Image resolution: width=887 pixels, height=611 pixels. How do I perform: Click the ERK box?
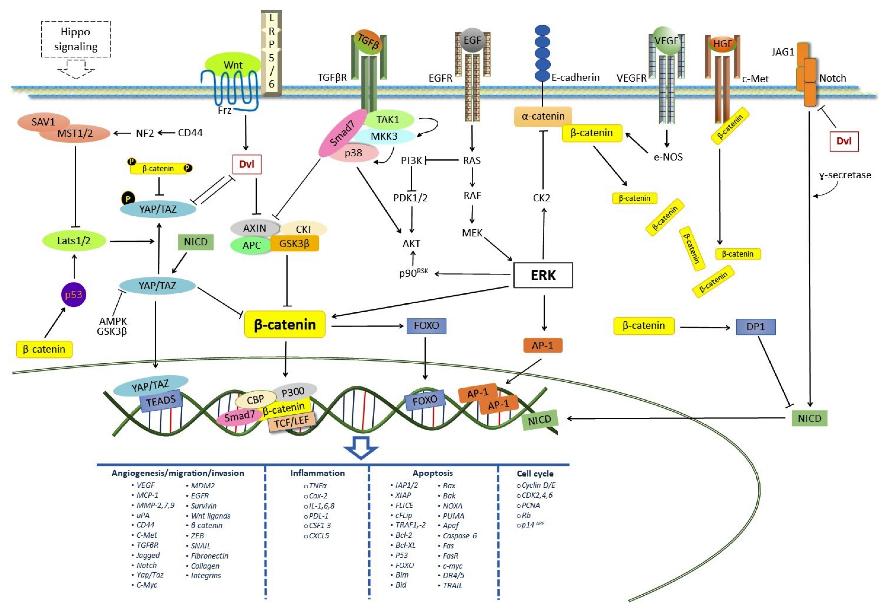point(543,275)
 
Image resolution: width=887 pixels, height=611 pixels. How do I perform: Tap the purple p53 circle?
point(74,294)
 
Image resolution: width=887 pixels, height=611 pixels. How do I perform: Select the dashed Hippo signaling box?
point(76,39)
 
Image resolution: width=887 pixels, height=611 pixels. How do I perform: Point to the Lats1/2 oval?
point(74,241)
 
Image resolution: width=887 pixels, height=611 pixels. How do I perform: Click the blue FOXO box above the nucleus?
point(426,325)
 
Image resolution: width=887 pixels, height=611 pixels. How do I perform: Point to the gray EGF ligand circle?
point(472,40)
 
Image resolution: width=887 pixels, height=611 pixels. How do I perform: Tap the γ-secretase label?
point(845,175)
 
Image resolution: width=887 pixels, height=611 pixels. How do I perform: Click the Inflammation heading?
point(317,473)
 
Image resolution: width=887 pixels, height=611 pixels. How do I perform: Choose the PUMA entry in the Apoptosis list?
point(453,516)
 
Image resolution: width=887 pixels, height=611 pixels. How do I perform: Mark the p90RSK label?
point(413,273)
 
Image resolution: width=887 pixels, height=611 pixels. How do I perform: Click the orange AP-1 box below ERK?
point(543,345)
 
